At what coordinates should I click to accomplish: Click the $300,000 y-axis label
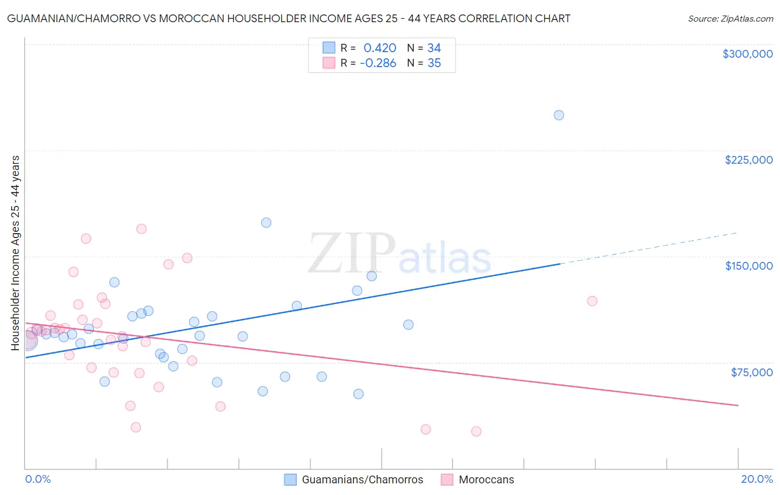pyautogui.click(x=747, y=54)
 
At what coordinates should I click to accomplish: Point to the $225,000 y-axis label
pyautogui.click(x=748, y=160)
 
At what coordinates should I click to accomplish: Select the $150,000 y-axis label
pyautogui.click(x=748, y=266)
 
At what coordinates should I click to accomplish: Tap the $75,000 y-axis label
pyautogui.click(x=752, y=372)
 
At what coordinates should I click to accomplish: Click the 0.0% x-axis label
pyautogui.click(x=38, y=479)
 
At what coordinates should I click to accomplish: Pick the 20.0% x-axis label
pyautogui.click(x=757, y=479)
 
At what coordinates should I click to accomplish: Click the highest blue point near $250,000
pyautogui.click(x=559, y=115)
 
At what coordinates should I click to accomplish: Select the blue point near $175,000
pyautogui.click(x=266, y=223)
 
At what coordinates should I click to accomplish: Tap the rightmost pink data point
pyautogui.click(x=592, y=301)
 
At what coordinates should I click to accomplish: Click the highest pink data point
pyautogui.click(x=141, y=229)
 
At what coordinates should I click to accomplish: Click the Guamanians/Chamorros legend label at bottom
pyautogui.click(x=362, y=479)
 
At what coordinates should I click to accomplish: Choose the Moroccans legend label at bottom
pyautogui.click(x=486, y=479)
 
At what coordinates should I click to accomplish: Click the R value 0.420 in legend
pyautogui.click(x=379, y=48)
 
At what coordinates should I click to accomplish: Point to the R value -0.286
pyautogui.click(x=378, y=63)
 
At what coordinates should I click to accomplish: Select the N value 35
pyautogui.click(x=434, y=63)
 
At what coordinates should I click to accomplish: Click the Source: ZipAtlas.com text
pyautogui.click(x=730, y=18)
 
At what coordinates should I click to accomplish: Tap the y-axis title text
pyautogui.click(x=16, y=252)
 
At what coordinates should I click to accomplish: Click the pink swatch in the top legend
pyautogui.click(x=329, y=63)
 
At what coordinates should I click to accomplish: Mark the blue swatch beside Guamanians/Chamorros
pyautogui.click(x=290, y=479)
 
